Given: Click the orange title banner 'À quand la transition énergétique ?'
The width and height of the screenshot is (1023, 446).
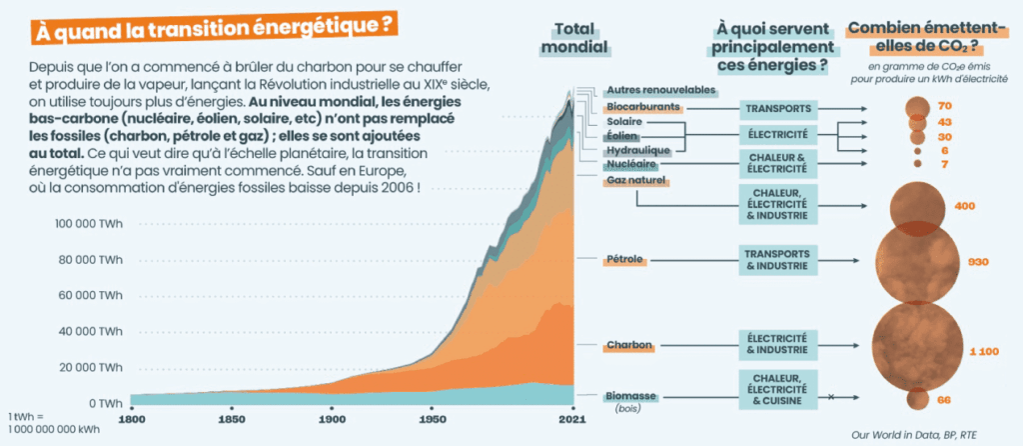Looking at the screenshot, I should (x=212, y=30).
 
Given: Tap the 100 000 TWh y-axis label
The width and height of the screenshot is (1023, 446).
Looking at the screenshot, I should (x=91, y=225).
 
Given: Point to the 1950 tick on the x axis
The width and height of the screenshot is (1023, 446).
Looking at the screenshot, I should (x=433, y=420).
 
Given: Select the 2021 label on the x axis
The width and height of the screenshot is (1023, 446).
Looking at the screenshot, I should (x=572, y=420).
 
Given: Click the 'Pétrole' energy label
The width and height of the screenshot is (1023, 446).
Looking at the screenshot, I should (x=625, y=260).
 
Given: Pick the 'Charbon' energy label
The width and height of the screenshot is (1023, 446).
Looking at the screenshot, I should (x=628, y=346).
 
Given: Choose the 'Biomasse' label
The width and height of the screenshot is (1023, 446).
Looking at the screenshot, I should (x=631, y=396).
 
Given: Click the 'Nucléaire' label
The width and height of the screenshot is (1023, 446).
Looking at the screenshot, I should (x=630, y=162).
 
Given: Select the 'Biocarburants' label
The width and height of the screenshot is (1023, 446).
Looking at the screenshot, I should (x=643, y=106).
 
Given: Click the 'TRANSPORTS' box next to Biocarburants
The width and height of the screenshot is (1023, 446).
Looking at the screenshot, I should (x=781, y=107).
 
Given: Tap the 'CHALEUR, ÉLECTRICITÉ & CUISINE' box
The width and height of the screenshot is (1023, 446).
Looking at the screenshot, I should (x=781, y=388).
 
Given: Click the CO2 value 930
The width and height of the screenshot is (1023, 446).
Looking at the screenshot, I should (x=978, y=262).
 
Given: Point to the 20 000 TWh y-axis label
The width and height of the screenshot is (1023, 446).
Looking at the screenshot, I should (x=95, y=367).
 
